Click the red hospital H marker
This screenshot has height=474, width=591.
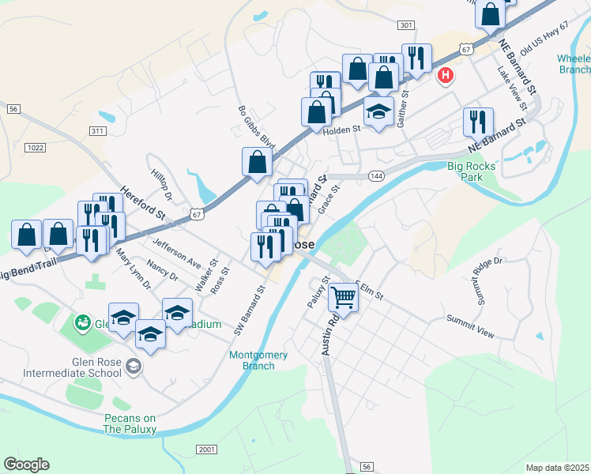[446, 76]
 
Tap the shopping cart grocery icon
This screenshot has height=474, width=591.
[344, 298]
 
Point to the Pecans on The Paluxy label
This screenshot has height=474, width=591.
[130, 423]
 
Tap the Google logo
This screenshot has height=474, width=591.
[26, 465]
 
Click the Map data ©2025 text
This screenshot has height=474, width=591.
[557, 468]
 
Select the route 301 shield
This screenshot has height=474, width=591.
[406, 25]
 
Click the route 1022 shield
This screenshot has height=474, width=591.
[35, 147]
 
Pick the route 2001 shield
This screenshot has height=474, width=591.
[207, 450]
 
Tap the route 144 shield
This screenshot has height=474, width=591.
[375, 176]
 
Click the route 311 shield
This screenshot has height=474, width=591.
[98, 130]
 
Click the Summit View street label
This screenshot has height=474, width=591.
[470, 325]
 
